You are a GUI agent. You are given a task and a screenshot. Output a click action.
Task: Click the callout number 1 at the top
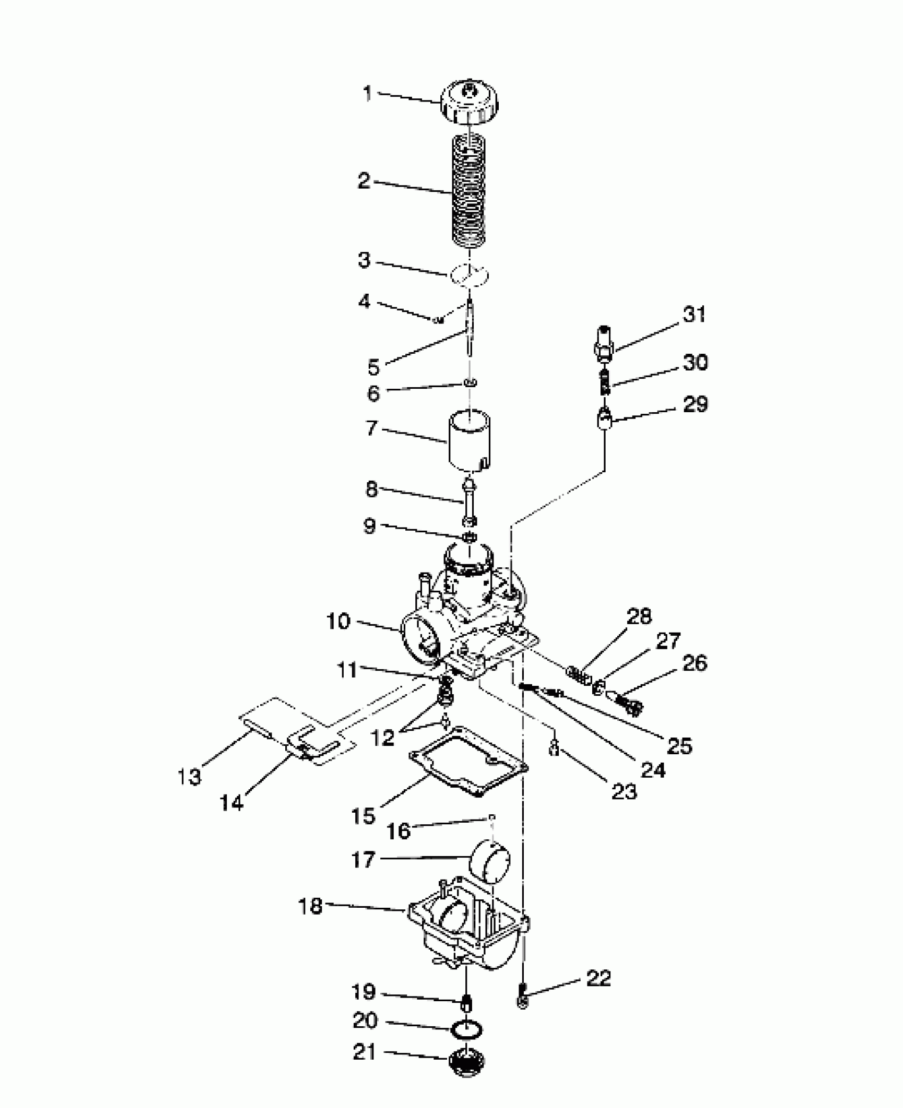click(367, 94)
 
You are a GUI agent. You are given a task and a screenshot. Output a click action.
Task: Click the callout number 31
click(694, 314)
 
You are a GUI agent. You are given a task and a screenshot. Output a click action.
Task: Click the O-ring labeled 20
click(467, 1030)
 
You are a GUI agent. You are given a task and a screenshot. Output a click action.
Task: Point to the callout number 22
click(598, 978)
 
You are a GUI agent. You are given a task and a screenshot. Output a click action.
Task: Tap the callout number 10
click(338, 621)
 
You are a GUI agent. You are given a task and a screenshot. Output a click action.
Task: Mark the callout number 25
click(679, 746)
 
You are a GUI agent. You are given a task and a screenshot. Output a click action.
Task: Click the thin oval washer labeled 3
click(469, 275)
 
